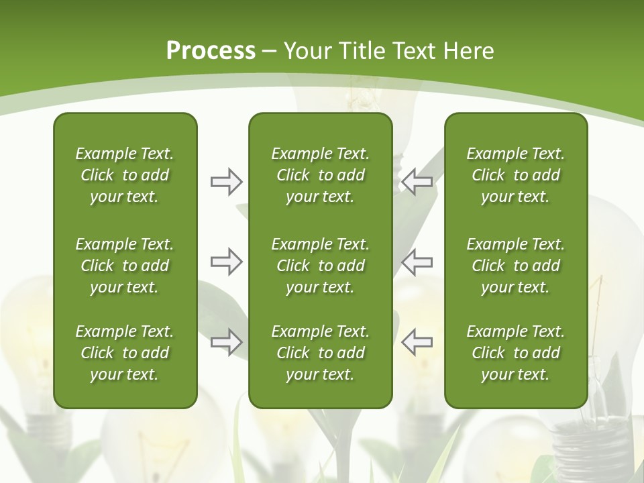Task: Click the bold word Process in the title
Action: point(211,51)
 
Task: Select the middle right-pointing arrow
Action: point(226,261)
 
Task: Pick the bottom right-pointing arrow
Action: point(226,341)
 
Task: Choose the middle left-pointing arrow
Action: point(417,261)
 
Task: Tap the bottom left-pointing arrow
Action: point(417,341)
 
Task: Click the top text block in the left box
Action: point(125,175)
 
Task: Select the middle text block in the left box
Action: point(125,266)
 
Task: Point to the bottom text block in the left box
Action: point(125,353)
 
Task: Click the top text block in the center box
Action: point(320,175)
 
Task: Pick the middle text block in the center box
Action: point(320,266)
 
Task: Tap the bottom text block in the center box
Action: point(320,353)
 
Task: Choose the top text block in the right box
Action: point(515,175)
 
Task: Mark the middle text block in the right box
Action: point(515,266)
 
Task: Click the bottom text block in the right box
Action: point(515,353)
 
